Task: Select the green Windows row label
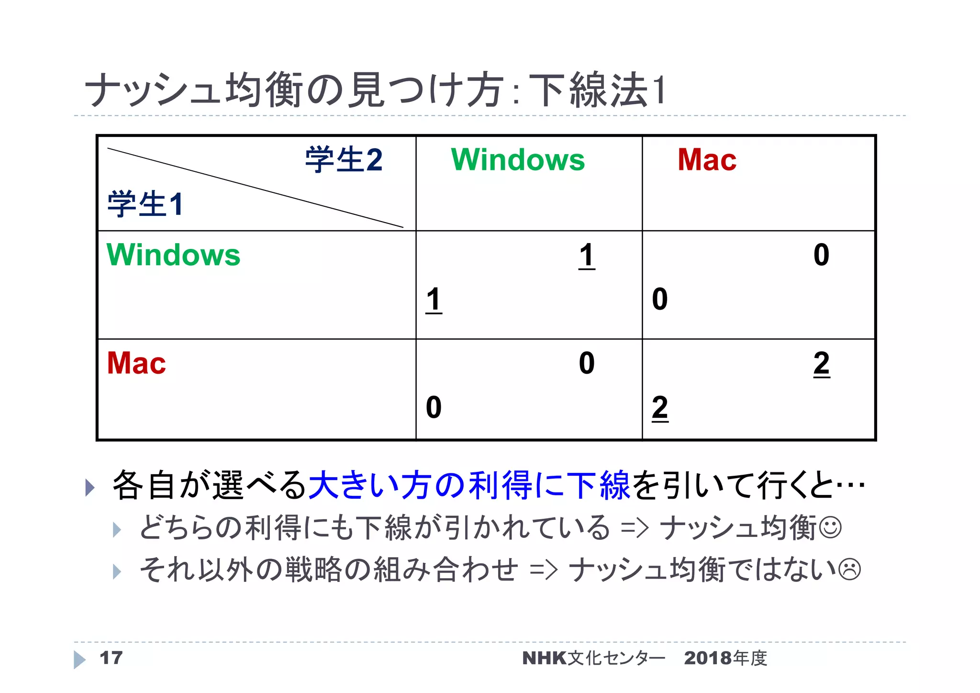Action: pos(173,255)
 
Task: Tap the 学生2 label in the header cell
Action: pos(344,160)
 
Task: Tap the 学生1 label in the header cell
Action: pos(145,204)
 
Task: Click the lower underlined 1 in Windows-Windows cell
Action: pos(434,300)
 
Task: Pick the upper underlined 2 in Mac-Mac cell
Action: pos(821,363)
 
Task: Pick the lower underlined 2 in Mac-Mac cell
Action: pos(660,408)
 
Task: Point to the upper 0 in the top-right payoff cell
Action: pos(821,255)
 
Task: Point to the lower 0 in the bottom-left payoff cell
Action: pos(434,407)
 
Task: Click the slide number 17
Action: pos(111,658)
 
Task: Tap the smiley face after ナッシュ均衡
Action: pos(830,527)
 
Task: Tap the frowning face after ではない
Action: pos(850,570)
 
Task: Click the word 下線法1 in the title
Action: pos(598,90)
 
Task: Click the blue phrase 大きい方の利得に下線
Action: pos(469,485)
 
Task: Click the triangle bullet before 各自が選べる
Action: pos(89,487)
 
